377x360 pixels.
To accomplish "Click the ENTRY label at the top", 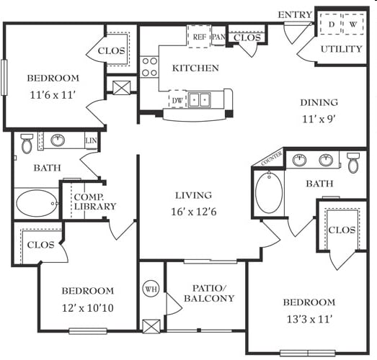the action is (295, 15).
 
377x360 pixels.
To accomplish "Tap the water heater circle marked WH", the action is (151, 289).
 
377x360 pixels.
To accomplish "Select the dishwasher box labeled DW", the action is (177, 99).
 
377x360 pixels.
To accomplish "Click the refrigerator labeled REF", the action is (200, 36).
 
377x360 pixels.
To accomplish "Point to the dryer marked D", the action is (331, 24).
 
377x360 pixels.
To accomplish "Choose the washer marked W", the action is (353, 24).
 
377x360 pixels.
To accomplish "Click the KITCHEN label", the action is (195, 68).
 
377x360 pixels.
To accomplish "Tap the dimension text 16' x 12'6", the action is (194, 212).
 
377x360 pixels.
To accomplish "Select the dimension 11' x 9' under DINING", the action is (319, 119).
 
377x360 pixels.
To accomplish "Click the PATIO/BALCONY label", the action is (209, 293).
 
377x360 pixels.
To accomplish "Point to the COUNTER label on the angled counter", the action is (272, 158).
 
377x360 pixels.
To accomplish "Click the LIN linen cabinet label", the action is (91, 140).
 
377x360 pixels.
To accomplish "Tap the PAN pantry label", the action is (218, 37).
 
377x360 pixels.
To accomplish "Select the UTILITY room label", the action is (341, 49).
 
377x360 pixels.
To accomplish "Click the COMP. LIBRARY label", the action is (95, 202).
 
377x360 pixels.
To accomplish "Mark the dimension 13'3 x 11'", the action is (309, 320).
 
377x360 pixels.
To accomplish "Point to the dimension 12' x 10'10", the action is (88, 308).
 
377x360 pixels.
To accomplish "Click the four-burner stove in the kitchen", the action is (149, 67).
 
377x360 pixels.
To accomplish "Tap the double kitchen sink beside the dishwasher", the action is (200, 99).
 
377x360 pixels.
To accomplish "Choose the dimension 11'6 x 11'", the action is (53, 95).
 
